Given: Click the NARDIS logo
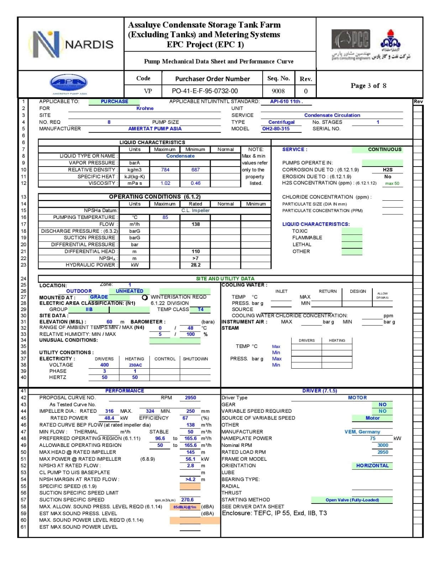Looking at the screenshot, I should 71,44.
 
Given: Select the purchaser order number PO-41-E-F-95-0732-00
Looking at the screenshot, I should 205,91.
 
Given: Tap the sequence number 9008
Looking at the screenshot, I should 278,91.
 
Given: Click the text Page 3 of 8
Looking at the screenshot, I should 368,86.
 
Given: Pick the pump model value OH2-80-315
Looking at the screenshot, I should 276,129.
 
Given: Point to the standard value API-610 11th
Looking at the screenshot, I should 286,101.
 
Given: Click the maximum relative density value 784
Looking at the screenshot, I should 165,170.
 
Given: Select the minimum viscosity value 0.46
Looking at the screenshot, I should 195,183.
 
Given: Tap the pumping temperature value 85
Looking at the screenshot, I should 165,217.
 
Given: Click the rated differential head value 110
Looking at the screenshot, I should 195,252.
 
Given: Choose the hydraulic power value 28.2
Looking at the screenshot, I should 195,265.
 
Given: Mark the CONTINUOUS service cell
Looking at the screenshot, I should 384,149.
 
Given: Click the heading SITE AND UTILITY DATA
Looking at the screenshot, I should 225,279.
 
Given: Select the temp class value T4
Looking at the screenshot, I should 201,310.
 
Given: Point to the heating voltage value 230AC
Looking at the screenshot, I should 135,365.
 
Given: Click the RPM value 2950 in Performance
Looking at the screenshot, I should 190,398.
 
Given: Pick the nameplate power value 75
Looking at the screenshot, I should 373,439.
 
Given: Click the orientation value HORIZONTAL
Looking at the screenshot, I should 372,466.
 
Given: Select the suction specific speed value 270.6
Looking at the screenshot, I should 187,500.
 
